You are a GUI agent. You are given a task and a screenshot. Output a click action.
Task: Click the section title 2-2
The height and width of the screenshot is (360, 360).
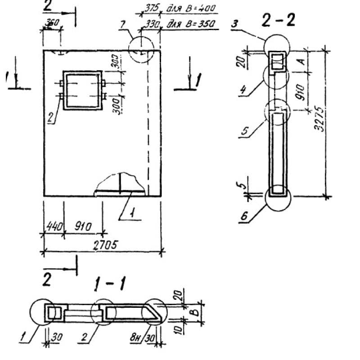click(x=279, y=20)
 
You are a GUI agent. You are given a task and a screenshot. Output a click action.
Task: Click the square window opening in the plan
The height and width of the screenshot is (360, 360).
click(x=81, y=90)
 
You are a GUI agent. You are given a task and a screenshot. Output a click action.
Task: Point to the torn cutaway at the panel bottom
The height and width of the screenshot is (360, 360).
click(x=121, y=183)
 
